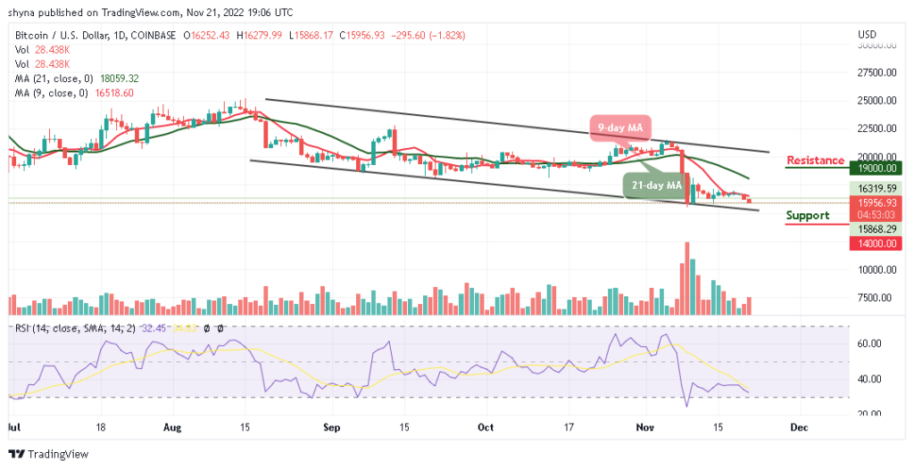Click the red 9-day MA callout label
(619, 128)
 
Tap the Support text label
(807, 215)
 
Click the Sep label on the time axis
(331, 428)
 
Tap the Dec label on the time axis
(799, 428)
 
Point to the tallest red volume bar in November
(686, 277)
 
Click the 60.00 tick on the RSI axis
(869, 343)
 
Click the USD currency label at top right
(868, 35)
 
